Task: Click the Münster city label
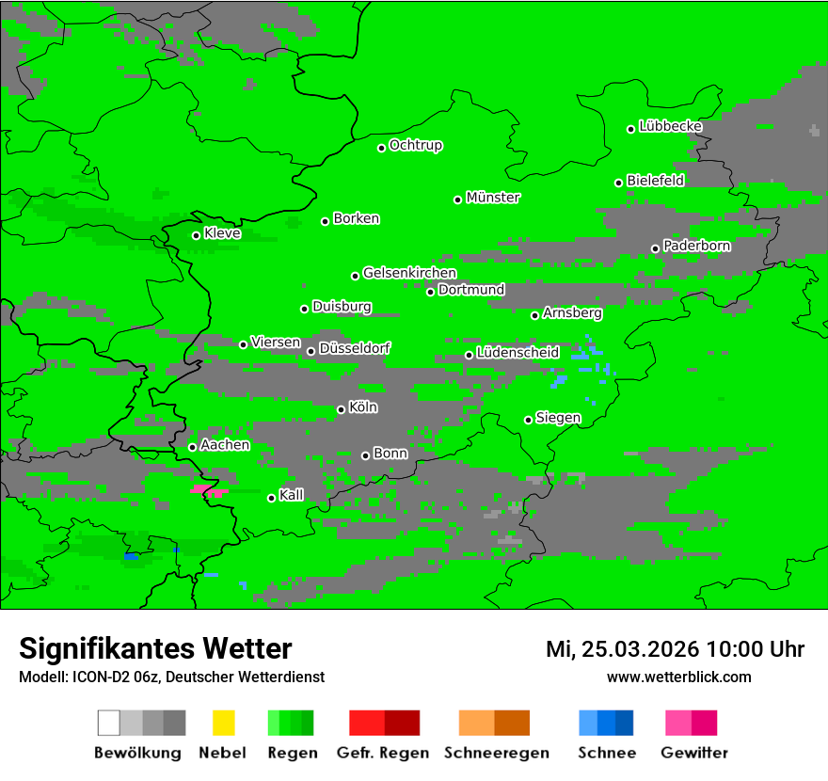pos(493,198)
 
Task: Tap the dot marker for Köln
pos(341,409)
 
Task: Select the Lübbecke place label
pos(670,126)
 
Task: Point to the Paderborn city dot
pos(655,248)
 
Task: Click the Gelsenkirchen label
pos(409,273)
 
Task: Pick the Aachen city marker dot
pos(192,447)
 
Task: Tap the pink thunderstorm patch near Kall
pos(209,490)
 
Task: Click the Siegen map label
pos(558,418)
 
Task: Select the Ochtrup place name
pos(415,145)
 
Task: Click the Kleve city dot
pos(196,235)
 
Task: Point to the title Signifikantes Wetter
pos(155,648)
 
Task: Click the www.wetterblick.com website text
pos(678,677)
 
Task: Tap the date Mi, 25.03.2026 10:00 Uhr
pos(675,649)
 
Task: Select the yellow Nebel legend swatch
pos(223,723)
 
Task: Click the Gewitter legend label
pos(693,753)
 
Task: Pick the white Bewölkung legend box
pos(108,723)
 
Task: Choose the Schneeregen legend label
pos(496,753)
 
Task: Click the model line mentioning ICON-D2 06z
pos(171,677)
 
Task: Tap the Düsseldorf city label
pos(354,348)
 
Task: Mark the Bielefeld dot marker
pos(618,183)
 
